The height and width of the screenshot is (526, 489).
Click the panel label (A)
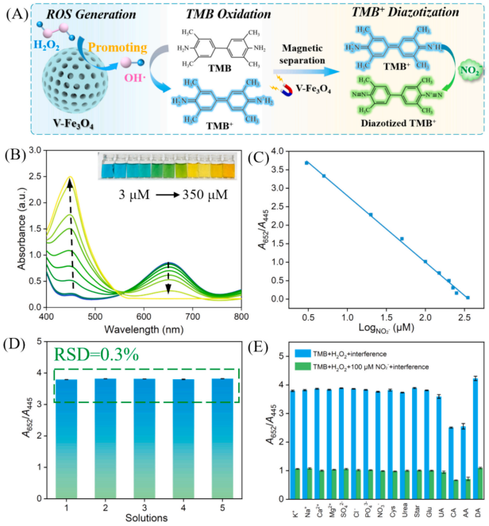(18, 14)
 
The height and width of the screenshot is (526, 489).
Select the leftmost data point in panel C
(306, 163)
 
